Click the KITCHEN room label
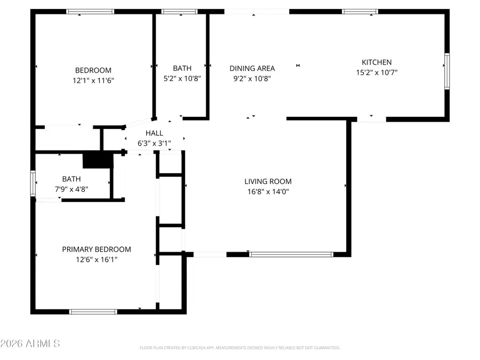pyautogui.click(x=377, y=62)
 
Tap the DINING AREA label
pyautogui.click(x=252, y=68)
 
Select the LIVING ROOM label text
pyautogui.click(x=268, y=181)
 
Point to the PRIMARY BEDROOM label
pyautogui.click(x=97, y=249)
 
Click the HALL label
pyautogui.click(x=154, y=133)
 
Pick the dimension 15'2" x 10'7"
pyautogui.click(x=377, y=73)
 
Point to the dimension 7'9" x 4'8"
pyautogui.click(x=71, y=189)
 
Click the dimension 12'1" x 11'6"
pyautogui.click(x=93, y=81)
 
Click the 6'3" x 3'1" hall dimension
pyautogui.click(x=154, y=143)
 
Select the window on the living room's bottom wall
pyautogui.click(x=291, y=254)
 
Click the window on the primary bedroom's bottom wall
pyautogui.click(x=93, y=311)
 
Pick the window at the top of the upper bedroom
pyautogui.click(x=90, y=11)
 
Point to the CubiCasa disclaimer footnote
pyautogui.click(x=239, y=348)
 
